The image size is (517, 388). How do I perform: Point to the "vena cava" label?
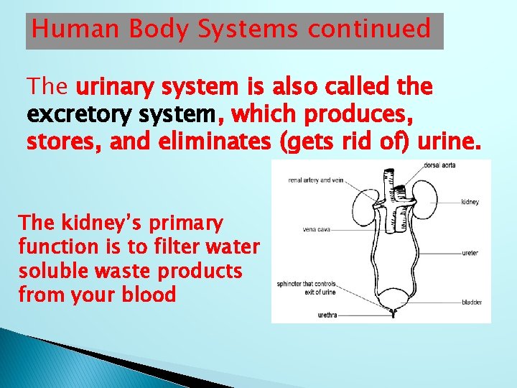(317, 231)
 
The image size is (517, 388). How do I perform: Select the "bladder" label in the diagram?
(471, 302)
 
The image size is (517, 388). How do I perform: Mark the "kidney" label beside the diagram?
(470, 202)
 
